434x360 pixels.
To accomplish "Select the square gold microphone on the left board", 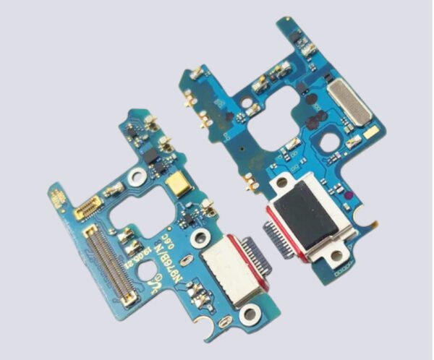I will [x=176, y=187].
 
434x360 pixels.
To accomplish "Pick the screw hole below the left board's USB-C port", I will [x=250, y=313].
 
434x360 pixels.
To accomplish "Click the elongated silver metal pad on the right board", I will [x=349, y=100].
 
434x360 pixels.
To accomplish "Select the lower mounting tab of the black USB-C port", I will [x=335, y=257].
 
